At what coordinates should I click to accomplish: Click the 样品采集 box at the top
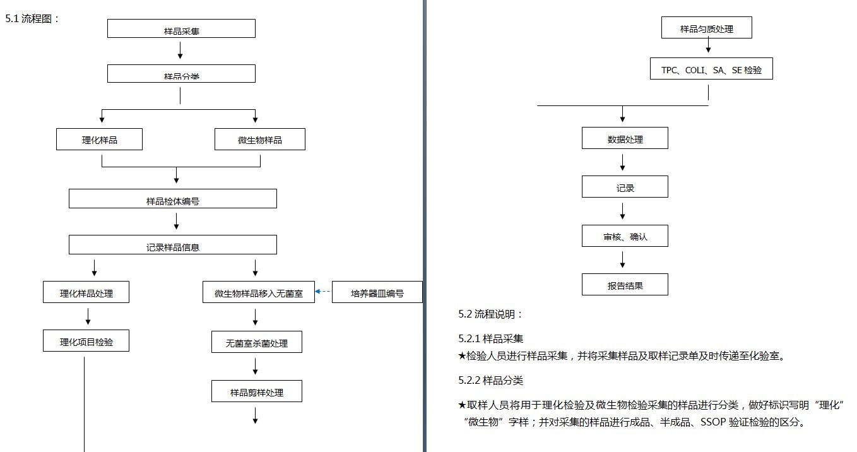coord(181,28)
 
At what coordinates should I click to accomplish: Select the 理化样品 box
coord(99,140)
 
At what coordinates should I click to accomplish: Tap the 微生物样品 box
coord(260,140)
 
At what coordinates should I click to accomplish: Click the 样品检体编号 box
coord(172,199)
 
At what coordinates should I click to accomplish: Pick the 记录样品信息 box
coord(172,244)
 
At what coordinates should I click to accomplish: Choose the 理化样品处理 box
coord(86,292)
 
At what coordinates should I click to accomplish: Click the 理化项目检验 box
coord(86,341)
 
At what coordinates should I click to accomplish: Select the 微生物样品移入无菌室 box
coord(259,292)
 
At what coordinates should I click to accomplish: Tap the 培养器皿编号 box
coord(377,292)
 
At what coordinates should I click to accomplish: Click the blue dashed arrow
coord(322,292)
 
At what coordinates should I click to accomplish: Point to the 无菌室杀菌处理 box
coord(257,342)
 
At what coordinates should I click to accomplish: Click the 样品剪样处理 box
coord(257,391)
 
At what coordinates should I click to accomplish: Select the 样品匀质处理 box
coord(707,28)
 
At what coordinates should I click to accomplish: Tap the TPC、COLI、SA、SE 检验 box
coord(711,69)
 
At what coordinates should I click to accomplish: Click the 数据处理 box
coord(625,138)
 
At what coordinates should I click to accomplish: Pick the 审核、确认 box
coord(625,235)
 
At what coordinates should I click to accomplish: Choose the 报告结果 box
coord(625,284)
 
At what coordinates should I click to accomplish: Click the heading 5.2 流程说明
coord(490,314)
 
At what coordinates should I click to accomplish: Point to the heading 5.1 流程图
coord(32,19)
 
